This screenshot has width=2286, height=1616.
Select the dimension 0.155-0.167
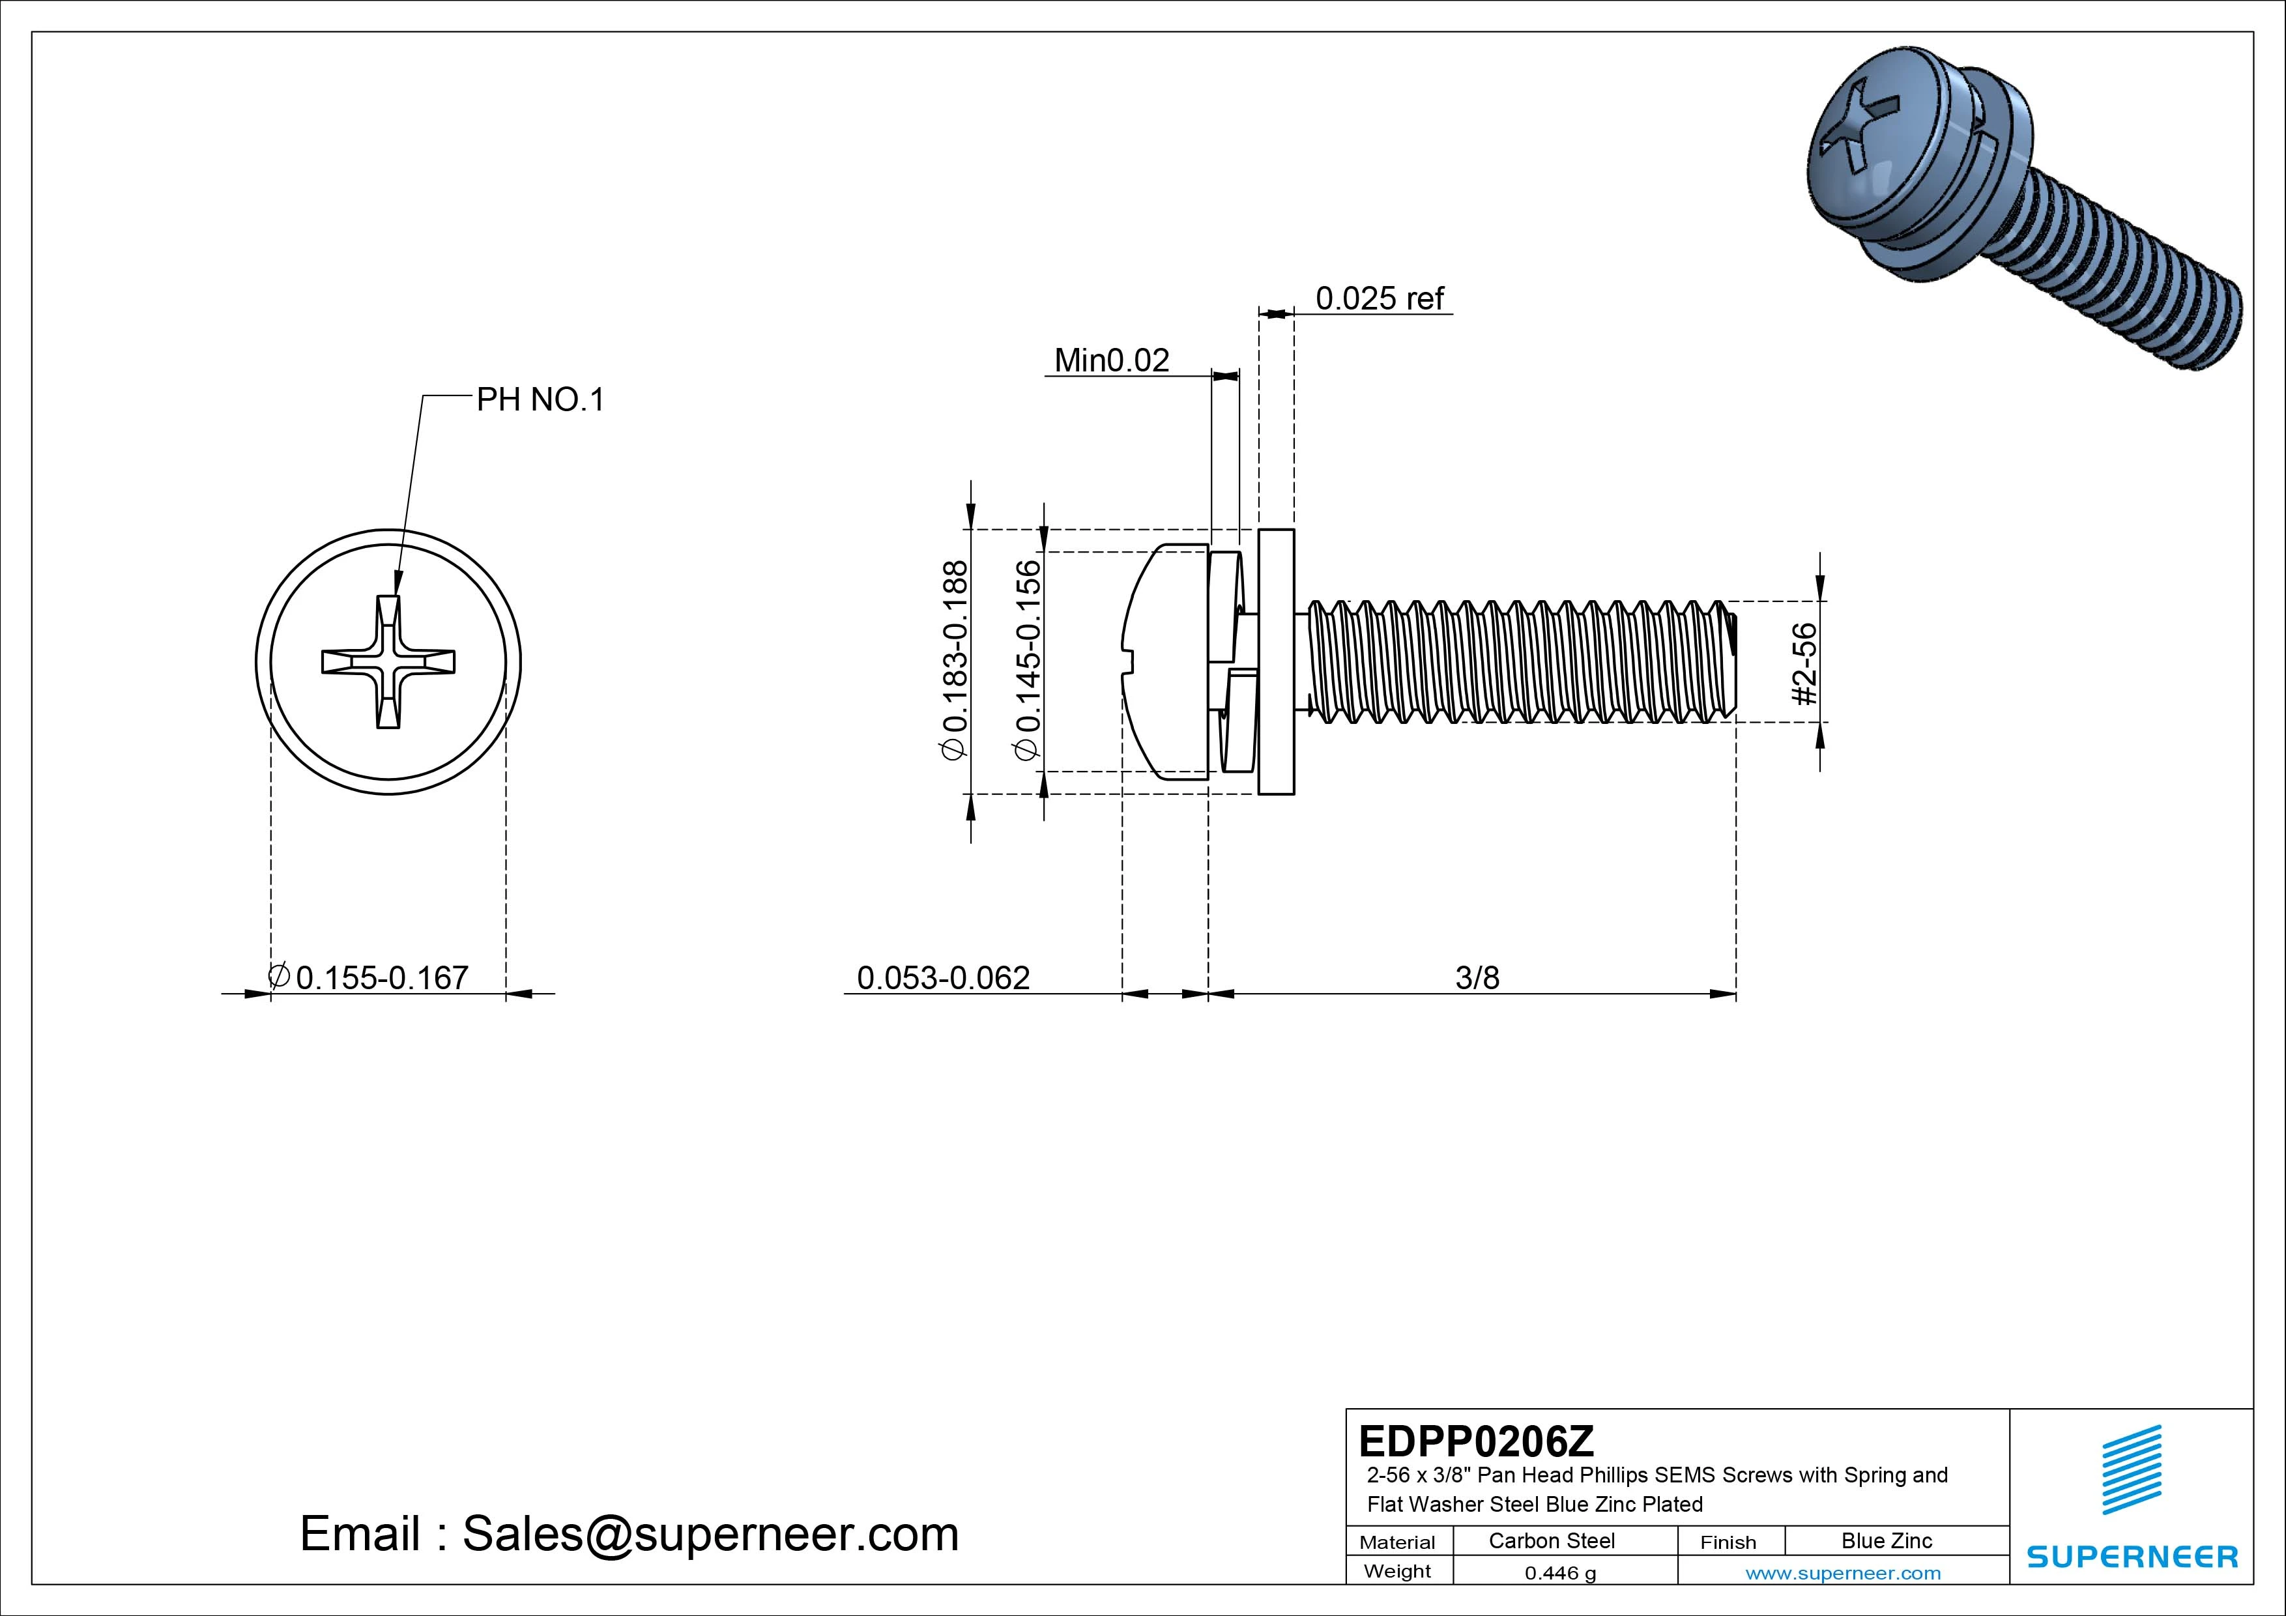(381, 978)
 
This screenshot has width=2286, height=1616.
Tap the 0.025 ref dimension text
(1379, 298)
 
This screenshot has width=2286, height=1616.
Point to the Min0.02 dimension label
(1111, 360)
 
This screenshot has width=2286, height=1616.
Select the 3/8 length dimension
(1477, 978)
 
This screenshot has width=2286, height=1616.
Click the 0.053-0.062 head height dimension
(943, 978)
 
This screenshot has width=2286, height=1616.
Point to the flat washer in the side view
(1277, 662)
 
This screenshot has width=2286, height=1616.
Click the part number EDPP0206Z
(1475, 1441)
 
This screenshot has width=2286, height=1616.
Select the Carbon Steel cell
(1551, 1540)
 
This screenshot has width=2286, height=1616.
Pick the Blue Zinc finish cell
(1886, 1540)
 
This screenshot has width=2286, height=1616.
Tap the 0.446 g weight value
(1560, 1573)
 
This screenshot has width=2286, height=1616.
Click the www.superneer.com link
(1843, 1573)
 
